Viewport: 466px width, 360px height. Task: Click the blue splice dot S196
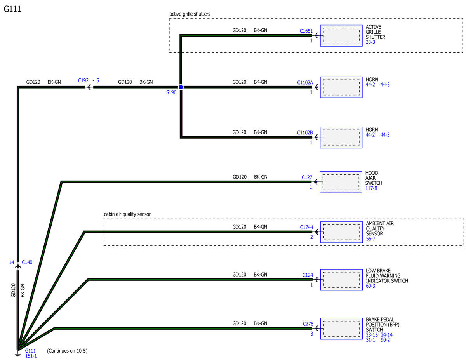coord(181,87)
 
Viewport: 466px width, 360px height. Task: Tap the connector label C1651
coord(306,31)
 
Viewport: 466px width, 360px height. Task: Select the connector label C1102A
coord(305,83)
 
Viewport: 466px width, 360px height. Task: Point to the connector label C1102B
coord(305,133)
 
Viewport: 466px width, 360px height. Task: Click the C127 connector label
coord(307,177)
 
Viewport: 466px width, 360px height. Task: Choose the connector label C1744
coord(306,227)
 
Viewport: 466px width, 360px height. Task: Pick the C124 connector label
coord(307,275)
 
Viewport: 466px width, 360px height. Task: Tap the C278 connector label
coord(308,324)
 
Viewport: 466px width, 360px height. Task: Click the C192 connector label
coord(83,80)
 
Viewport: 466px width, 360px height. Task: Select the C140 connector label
coord(27,262)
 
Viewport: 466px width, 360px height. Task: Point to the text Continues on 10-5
coord(67,351)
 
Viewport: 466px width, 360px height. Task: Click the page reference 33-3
coord(370,42)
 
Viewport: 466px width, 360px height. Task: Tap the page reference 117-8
coord(371,188)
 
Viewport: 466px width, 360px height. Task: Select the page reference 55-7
coord(370,239)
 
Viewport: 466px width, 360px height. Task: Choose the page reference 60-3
coord(370,286)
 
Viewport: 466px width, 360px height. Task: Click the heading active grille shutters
coord(190,14)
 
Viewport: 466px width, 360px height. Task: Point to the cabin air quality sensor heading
coord(127,214)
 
